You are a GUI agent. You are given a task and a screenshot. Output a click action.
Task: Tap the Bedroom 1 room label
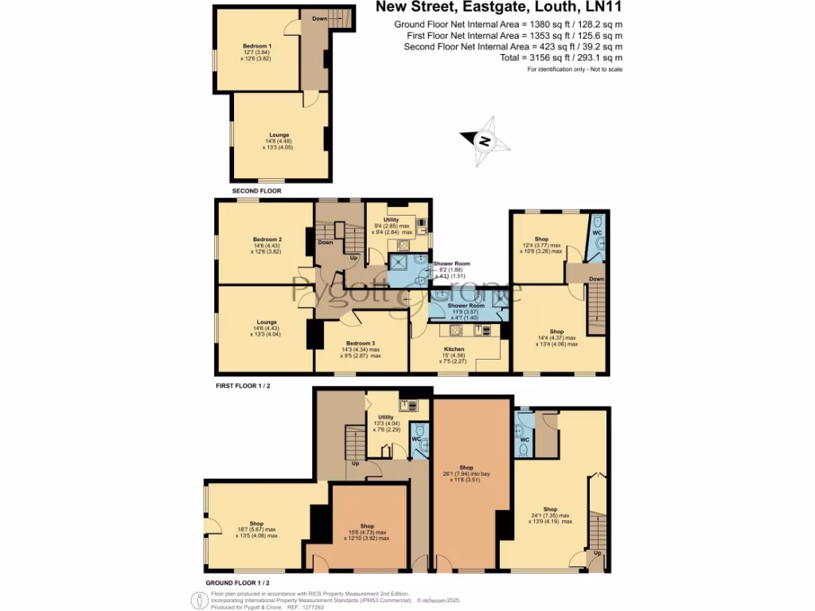257,46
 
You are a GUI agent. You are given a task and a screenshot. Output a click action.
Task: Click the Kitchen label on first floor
454,348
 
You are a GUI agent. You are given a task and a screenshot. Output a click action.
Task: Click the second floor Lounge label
279,134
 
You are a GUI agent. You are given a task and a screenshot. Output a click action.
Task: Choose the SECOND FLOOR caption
256,192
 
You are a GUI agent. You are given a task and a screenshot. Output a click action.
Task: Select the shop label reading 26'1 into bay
466,468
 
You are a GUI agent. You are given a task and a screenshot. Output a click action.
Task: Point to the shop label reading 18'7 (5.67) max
256,523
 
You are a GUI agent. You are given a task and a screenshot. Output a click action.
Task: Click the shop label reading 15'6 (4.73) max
367,526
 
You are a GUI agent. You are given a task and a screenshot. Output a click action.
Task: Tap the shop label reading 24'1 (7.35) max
550,508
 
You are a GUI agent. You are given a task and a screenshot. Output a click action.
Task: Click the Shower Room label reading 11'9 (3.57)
466,305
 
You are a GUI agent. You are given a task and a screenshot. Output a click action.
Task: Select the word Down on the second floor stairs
319,18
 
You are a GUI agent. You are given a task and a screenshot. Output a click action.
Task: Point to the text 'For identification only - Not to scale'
575,70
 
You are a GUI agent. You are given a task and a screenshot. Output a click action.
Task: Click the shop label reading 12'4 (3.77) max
542,239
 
